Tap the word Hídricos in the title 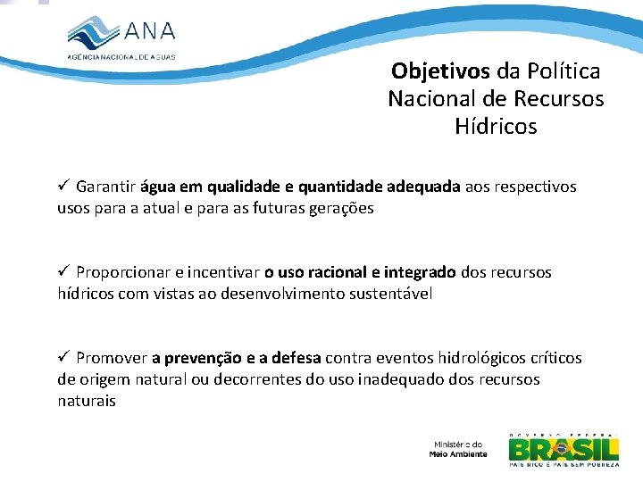(496, 127)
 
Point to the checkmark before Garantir (63, 187)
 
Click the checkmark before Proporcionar (63, 271)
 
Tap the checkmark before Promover (63, 357)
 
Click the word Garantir (106, 187)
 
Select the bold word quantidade (342, 187)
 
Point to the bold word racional (328, 271)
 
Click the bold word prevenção (203, 358)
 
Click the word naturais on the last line (87, 401)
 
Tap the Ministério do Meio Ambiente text (458, 449)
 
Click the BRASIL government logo (563, 449)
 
